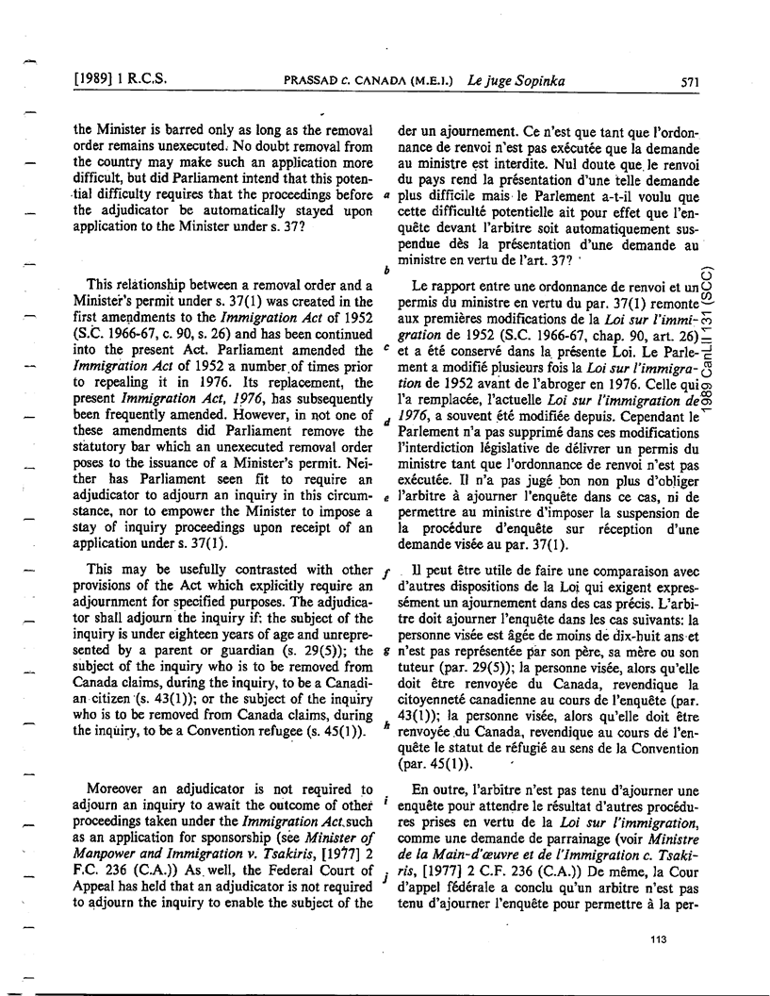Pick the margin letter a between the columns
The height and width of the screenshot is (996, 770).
coord(386,196)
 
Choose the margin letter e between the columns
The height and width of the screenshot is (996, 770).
coord(386,498)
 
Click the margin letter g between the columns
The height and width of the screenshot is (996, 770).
coord(386,652)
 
